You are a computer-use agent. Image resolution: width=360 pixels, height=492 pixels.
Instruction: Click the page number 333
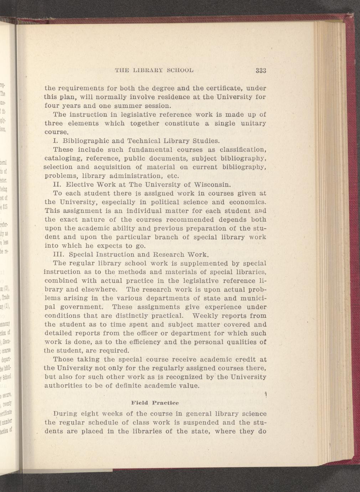coord(261,70)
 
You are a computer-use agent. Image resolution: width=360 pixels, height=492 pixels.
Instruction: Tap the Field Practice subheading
coord(155,403)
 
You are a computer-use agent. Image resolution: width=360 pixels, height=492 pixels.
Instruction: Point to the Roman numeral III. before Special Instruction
coord(59,255)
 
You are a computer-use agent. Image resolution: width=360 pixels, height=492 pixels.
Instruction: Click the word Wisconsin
coord(213,185)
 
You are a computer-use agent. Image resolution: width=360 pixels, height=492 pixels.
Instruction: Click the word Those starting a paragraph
coord(65,359)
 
